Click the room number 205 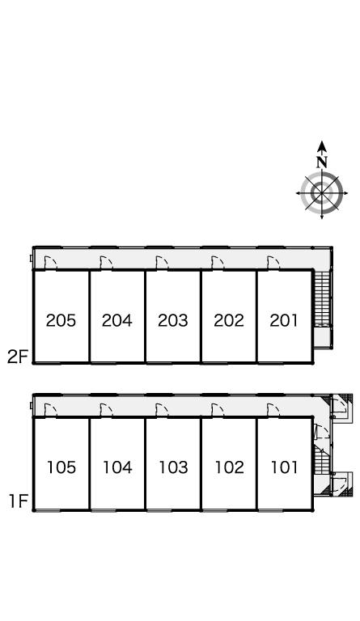click(61, 320)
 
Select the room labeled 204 click(116, 320)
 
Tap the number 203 click(172, 320)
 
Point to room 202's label click(229, 320)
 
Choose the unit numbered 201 click(284, 320)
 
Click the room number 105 click(61, 467)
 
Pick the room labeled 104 click(117, 467)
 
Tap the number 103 click(173, 467)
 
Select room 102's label click(229, 467)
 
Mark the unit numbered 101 click(284, 467)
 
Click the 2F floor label click(18, 357)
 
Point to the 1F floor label click(19, 502)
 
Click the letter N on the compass click(322, 162)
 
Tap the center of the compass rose click(322, 193)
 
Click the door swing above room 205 click(51, 263)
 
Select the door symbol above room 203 click(162, 263)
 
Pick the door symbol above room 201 click(273, 263)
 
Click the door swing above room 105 click(51, 410)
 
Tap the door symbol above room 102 click(218, 410)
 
